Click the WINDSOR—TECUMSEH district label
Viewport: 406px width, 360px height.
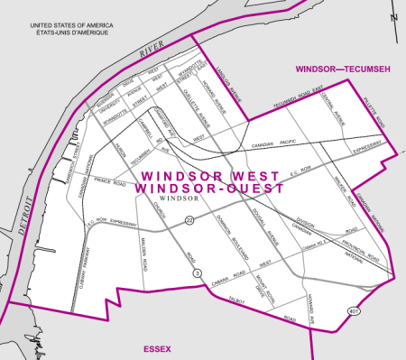(344, 69)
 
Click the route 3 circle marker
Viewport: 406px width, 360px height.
(195, 272)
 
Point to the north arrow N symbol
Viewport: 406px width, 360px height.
(394, 15)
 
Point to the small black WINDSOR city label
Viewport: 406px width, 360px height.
(173, 198)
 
